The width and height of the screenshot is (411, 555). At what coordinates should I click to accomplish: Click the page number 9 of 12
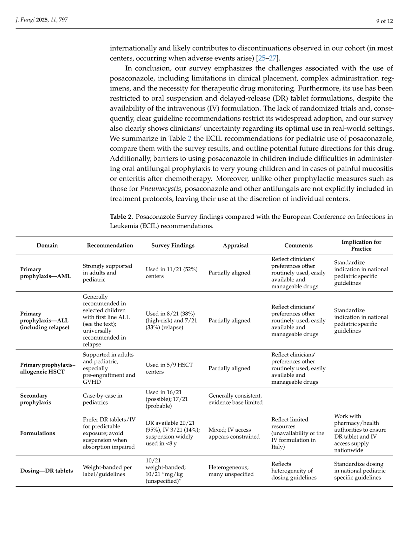[x=384, y=21]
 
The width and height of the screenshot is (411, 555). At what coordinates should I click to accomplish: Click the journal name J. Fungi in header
[x=25, y=20]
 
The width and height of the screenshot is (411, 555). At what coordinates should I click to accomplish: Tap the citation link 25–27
[x=267, y=58]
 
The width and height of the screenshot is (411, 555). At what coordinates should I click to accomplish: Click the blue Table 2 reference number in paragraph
[x=189, y=139]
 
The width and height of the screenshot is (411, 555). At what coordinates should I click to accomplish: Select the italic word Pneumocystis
[x=160, y=189]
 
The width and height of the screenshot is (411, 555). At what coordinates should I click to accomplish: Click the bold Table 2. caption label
[x=121, y=217]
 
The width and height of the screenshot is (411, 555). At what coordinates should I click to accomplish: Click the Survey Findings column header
[x=173, y=245]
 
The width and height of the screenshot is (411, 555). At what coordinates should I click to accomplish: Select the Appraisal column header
[x=236, y=245]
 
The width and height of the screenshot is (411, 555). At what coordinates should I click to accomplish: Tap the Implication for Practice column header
[x=361, y=245]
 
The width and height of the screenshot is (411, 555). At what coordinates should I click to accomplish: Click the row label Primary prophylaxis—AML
[x=45, y=273]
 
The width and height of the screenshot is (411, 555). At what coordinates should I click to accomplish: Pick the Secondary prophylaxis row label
[x=35, y=399]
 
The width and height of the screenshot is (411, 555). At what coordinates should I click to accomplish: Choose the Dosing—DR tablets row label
[x=47, y=471]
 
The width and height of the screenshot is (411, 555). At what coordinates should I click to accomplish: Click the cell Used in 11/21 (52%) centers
[x=172, y=273]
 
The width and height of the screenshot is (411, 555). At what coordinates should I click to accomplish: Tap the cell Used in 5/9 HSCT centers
[x=169, y=368]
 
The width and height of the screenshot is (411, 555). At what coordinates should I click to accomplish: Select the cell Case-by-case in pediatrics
[x=102, y=399]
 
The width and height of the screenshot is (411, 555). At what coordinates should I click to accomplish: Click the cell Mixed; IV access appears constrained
[x=234, y=433]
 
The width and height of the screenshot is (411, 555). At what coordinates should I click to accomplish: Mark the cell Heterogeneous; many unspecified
[x=231, y=471]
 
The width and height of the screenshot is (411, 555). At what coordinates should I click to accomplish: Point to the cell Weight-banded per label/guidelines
[x=107, y=471]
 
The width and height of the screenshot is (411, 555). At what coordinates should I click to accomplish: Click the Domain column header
[x=47, y=245]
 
